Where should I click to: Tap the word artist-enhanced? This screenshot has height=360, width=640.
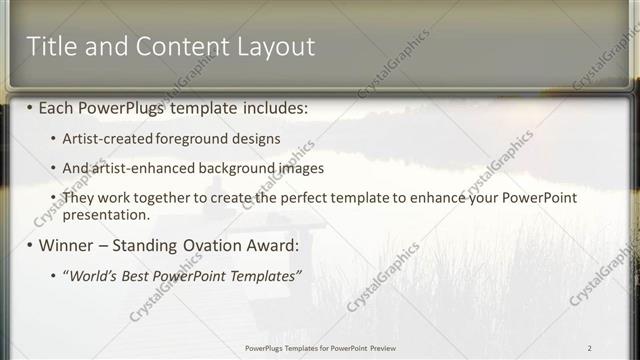coord(137,168)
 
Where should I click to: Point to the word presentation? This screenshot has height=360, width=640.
coord(106,214)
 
